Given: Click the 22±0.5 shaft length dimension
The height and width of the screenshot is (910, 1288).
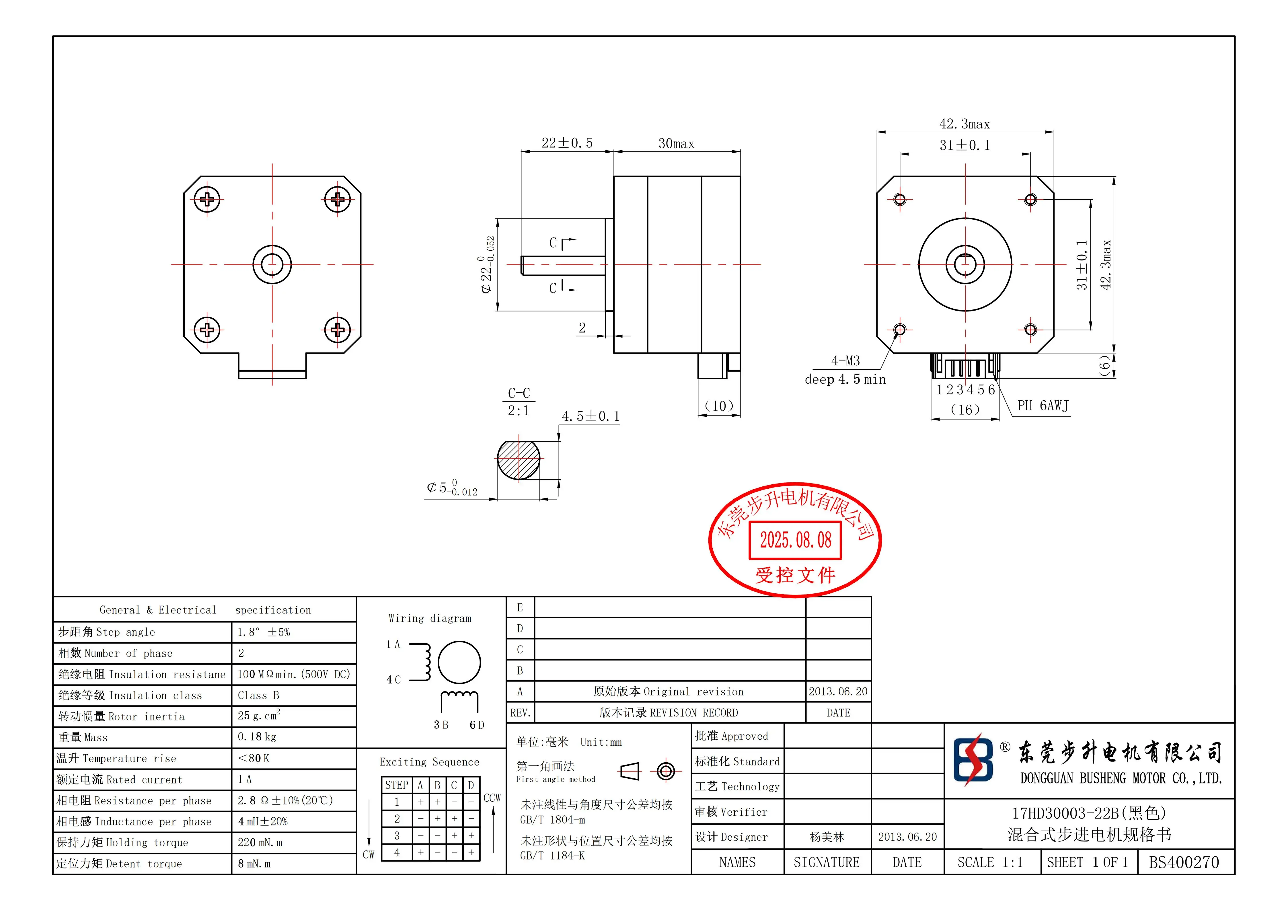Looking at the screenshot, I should [567, 143].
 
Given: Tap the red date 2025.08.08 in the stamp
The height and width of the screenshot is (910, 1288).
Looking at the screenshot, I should [796, 540].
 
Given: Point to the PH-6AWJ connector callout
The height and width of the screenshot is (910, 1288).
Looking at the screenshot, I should [1043, 406].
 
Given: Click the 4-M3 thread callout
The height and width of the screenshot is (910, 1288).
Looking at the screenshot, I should [845, 361].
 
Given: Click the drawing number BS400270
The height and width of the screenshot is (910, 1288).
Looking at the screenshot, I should [1184, 862].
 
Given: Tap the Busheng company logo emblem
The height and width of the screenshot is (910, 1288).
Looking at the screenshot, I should [973, 760].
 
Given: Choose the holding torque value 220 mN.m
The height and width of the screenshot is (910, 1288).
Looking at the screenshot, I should [260, 843].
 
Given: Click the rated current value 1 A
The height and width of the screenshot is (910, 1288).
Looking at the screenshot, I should [245, 779].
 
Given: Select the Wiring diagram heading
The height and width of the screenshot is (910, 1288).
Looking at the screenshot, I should [430, 618].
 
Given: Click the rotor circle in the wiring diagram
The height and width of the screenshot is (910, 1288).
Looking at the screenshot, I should [459, 662].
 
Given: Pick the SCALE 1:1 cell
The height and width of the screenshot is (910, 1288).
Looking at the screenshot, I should [990, 862].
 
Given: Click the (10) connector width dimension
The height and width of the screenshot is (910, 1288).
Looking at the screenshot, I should [719, 406].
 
